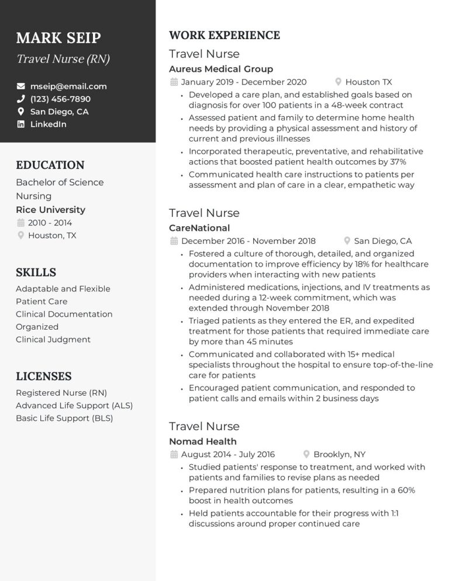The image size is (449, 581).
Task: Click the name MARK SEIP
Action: click(x=58, y=38)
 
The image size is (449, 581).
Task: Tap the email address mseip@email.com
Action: click(x=68, y=86)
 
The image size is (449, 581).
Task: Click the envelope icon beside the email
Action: click(x=21, y=86)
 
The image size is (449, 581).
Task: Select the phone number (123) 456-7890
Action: click(x=60, y=99)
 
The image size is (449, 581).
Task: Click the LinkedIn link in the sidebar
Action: click(x=48, y=124)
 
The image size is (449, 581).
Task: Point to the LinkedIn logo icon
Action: click(x=21, y=124)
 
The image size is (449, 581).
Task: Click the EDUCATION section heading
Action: click(x=50, y=165)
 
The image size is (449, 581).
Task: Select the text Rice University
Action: click(x=50, y=209)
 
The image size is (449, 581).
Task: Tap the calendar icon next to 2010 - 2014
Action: click(x=21, y=223)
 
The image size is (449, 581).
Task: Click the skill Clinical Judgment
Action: click(x=53, y=340)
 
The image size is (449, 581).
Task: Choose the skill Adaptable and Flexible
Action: click(x=63, y=289)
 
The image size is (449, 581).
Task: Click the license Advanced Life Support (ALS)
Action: click(x=74, y=406)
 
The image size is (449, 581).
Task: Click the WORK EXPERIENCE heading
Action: click(x=224, y=35)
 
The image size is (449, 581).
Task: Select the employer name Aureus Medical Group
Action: click(x=221, y=69)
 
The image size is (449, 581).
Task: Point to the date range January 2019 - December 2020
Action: click(x=244, y=82)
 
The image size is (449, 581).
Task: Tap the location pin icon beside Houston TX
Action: click(x=338, y=82)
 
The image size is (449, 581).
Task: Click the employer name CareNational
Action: click(x=199, y=228)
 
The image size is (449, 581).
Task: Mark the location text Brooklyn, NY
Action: click(x=340, y=454)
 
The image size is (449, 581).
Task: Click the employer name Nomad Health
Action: click(x=203, y=441)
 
